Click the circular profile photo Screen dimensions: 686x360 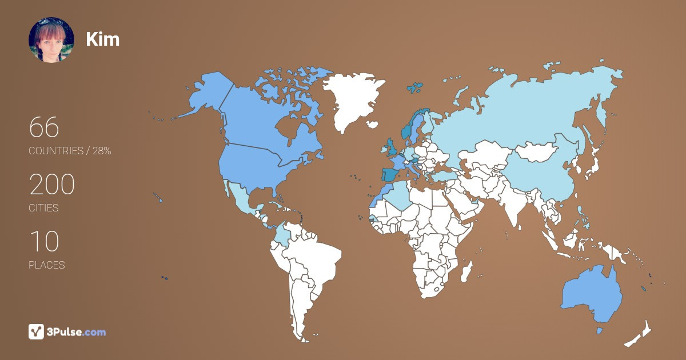(51, 39)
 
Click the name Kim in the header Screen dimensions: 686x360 (103, 39)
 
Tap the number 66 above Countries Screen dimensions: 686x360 (44, 127)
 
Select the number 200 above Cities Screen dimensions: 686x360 (52, 185)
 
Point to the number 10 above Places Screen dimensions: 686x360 (44, 242)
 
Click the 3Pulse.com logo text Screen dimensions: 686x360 (77, 332)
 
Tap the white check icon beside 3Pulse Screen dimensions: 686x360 (37, 331)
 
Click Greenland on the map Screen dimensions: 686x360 (352, 97)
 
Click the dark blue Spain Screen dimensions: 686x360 (391, 175)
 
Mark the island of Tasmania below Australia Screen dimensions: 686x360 (599, 330)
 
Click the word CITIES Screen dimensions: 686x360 (44, 208)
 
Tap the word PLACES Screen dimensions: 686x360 (47, 265)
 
